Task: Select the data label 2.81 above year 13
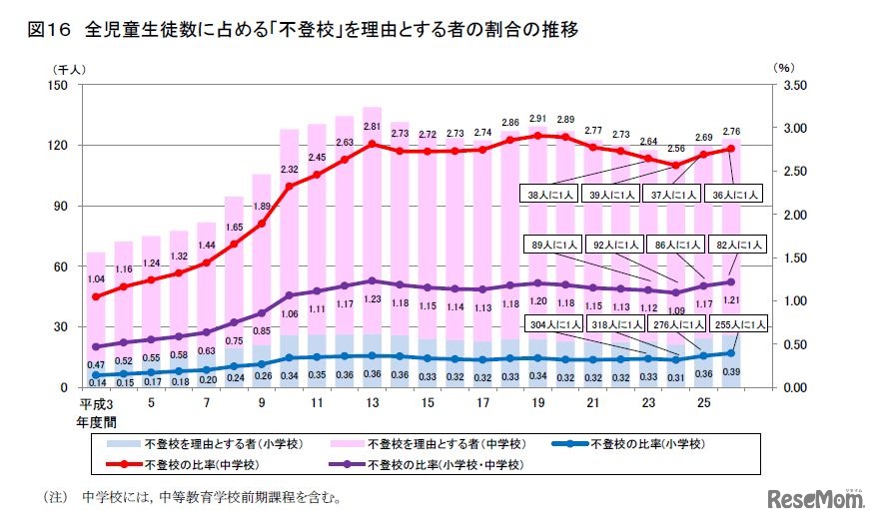[372, 127]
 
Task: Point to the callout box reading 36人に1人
[737, 196]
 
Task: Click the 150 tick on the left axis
[55, 85]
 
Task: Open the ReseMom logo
[814, 498]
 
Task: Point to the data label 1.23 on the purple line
[372, 297]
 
